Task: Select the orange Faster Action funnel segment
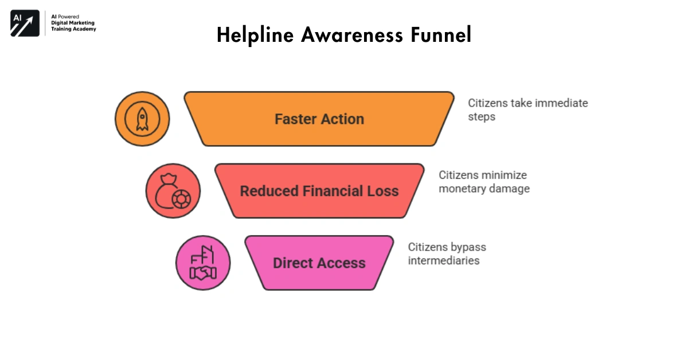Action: [x=319, y=119]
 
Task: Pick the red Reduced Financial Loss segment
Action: [x=319, y=191]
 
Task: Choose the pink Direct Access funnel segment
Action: [x=319, y=263]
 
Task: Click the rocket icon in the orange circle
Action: [x=142, y=119]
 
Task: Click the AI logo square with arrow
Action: [x=25, y=24]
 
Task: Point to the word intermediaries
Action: [x=443, y=261]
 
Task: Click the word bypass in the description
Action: [x=468, y=247]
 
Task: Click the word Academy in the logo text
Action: [x=84, y=29]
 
